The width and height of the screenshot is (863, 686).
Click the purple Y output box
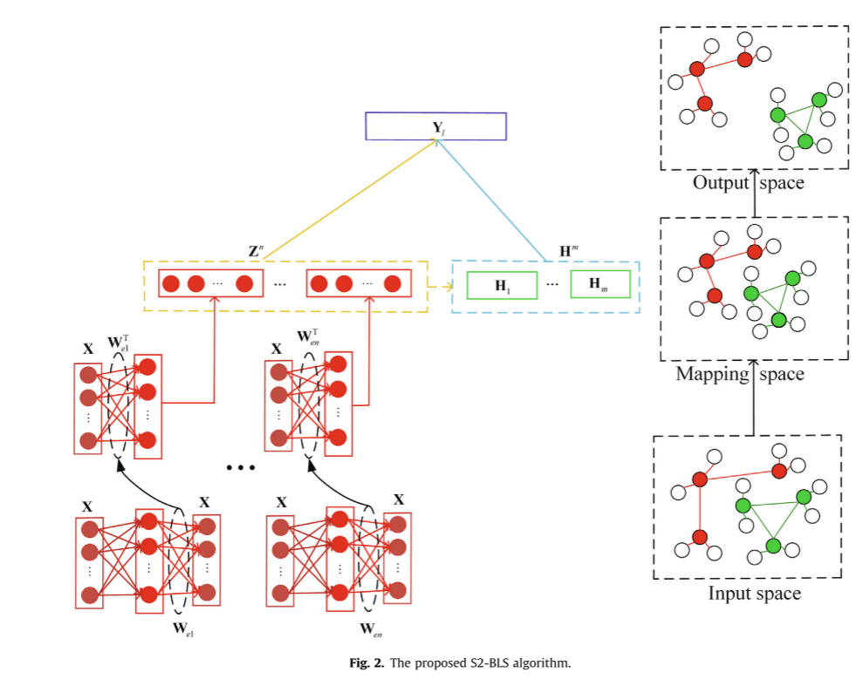point(435,127)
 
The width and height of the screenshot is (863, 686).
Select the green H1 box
point(502,285)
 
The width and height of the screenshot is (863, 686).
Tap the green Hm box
point(599,284)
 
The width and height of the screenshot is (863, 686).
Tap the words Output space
point(748,183)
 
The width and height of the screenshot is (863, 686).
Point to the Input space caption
point(754,594)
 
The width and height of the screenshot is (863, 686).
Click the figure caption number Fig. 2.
point(360,664)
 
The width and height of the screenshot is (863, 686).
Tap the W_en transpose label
point(310,338)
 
